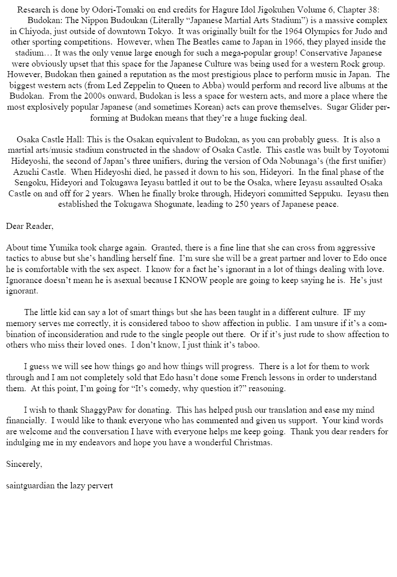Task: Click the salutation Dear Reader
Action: click(x=30, y=226)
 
